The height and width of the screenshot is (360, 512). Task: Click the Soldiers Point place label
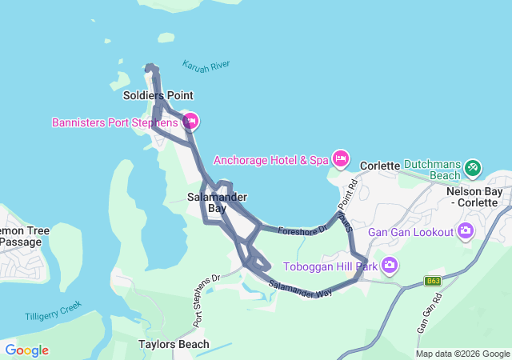(158, 95)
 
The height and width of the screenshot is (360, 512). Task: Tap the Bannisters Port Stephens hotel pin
(190, 122)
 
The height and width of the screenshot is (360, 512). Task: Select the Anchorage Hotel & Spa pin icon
(341, 159)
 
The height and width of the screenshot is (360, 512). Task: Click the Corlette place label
(379, 166)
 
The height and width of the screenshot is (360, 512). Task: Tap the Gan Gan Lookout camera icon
(466, 232)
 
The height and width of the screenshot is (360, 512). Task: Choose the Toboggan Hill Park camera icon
(389, 265)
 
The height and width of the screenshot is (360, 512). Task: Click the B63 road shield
(433, 281)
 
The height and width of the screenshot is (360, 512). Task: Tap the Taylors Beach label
(174, 344)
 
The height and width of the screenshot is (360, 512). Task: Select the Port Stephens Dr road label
(206, 300)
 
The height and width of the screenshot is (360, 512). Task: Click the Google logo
(26, 350)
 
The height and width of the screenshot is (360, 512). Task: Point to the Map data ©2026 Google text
(462, 354)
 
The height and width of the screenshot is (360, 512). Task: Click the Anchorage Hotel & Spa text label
(271, 160)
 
